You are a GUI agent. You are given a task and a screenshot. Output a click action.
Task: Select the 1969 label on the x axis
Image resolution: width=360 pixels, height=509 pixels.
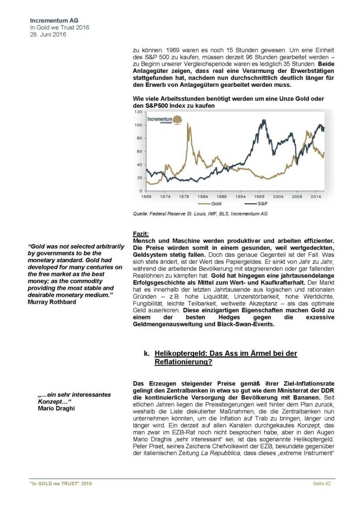pos(146,197)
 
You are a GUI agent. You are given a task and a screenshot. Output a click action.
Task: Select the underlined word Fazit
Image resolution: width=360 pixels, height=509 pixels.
pos(141,233)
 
